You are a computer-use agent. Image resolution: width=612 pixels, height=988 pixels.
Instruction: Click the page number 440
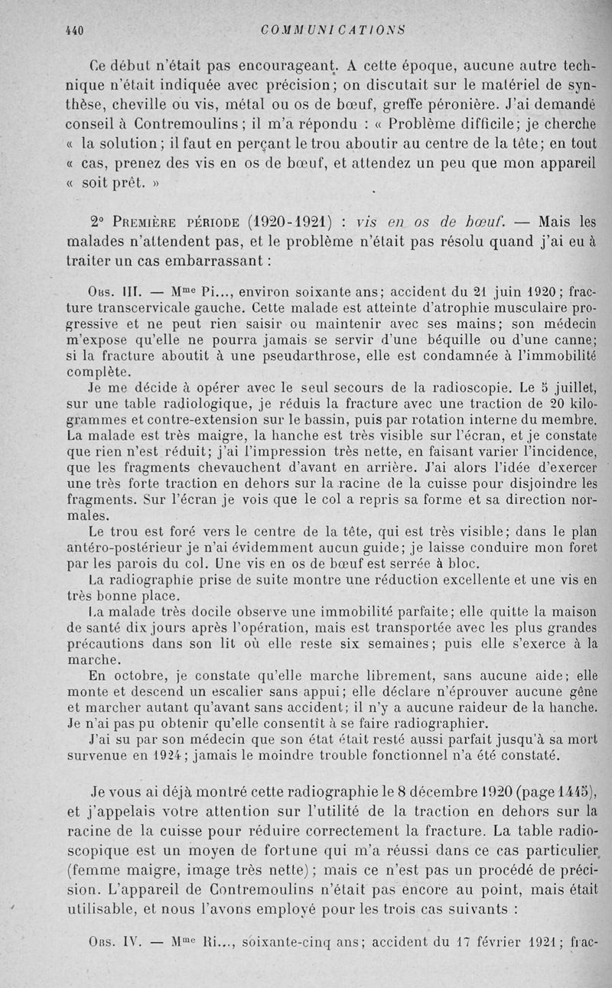point(74,30)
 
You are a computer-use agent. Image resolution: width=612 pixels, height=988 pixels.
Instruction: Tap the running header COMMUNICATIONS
point(332,30)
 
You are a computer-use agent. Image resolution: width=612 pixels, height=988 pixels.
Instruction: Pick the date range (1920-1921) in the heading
point(288,223)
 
